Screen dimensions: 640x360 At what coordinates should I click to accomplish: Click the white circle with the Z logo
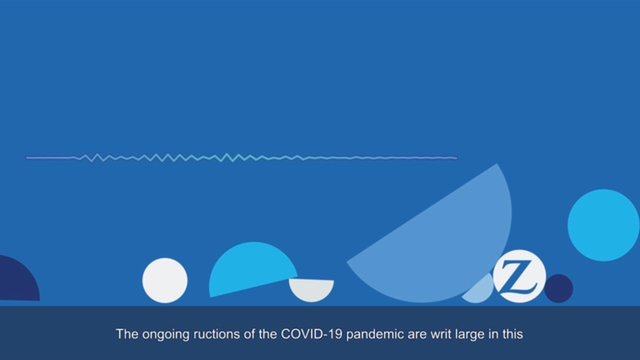(x=519, y=276)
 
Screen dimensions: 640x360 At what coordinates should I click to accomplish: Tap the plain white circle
(x=165, y=280)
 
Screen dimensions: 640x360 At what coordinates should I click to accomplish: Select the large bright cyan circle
(x=603, y=225)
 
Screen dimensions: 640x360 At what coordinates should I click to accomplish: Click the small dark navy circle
(x=558, y=288)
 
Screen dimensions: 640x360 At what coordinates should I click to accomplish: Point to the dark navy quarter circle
(x=17, y=280)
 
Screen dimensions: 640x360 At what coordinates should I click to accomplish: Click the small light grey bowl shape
(x=311, y=289)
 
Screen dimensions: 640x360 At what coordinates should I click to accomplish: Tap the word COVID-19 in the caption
(x=311, y=334)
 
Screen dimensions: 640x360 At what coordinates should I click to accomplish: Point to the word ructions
(x=216, y=334)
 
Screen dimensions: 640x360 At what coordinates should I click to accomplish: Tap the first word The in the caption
(x=127, y=334)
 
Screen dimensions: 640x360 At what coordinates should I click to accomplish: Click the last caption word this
(x=513, y=334)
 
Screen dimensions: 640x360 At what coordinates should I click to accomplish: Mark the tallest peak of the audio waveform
(x=227, y=153)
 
